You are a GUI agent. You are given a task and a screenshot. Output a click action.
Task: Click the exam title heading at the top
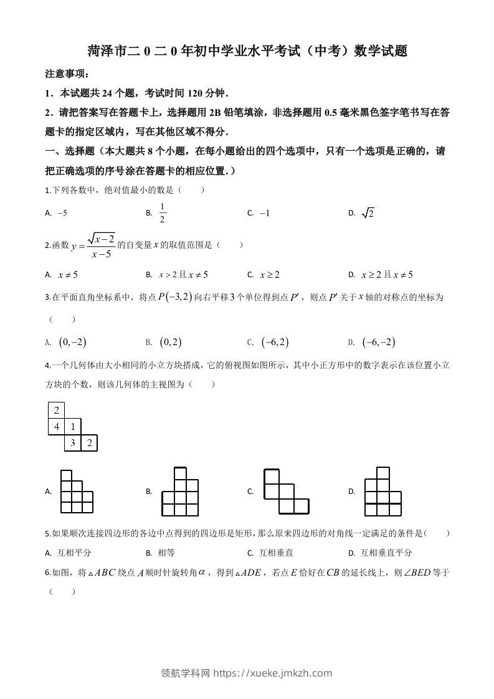pos(247,51)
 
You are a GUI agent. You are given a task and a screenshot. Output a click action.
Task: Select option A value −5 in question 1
pos(62,213)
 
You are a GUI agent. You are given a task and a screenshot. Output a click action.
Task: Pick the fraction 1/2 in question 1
pos(162,212)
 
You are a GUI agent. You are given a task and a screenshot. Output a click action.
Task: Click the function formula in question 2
pos(94,245)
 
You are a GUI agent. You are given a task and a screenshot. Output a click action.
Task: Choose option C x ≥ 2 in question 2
pos(269,274)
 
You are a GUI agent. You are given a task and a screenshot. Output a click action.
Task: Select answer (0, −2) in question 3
pos(72,341)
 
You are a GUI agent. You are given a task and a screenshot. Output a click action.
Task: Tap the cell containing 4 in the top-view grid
pos(57,427)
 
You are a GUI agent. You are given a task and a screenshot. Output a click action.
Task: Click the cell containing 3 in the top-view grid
pos(73,443)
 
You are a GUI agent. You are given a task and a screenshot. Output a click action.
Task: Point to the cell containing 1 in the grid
pos(73,427)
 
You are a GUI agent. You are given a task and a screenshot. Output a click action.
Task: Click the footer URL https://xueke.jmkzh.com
pos(272,673)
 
